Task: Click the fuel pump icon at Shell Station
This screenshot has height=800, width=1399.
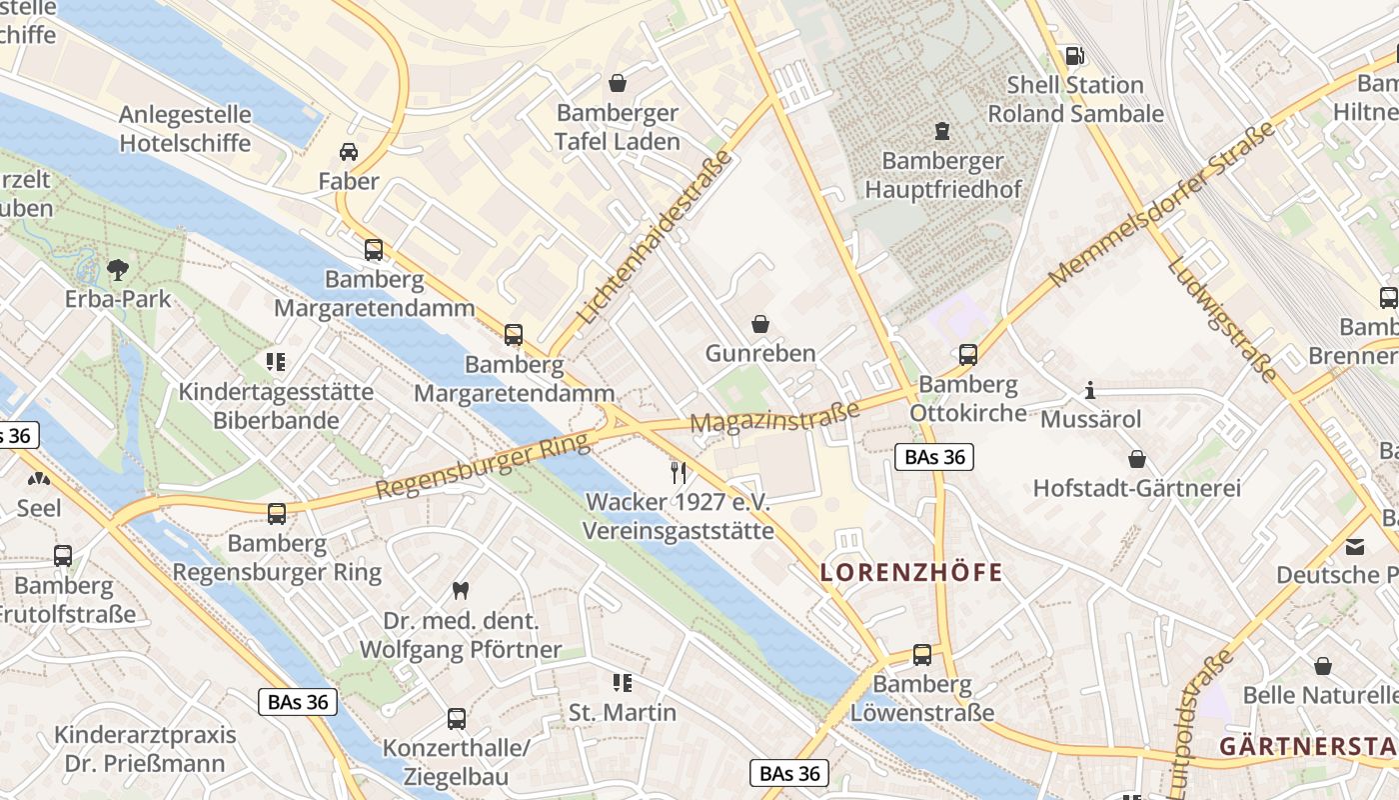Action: coord(1075,56)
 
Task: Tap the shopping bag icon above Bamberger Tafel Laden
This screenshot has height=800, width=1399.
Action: coord(618,83)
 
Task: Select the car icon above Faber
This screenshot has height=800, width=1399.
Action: coord(349,152)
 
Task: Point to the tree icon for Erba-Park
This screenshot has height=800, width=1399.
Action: coord(118,269)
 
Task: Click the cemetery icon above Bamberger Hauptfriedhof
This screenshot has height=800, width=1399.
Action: coord(941,130)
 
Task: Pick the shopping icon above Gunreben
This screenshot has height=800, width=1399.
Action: coord(760,324)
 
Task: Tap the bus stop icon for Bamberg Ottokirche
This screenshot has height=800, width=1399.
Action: coord(967,354)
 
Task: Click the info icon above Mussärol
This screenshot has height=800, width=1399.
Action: coord(1090,390)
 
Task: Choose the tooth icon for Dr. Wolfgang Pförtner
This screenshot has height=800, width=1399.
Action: coord(460,591)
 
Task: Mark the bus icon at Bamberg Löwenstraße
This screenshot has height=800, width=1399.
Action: coord(921,655)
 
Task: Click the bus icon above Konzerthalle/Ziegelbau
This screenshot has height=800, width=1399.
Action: coord(456,718)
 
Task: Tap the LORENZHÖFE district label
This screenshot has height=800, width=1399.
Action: coord(910,573)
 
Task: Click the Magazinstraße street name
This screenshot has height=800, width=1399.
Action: coord(774,419)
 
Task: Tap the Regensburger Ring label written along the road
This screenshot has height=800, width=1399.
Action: coord(483,467)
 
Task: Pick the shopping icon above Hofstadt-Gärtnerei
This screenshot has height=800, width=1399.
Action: coord(1136,459)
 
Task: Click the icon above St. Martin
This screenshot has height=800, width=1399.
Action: coord(623,683)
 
